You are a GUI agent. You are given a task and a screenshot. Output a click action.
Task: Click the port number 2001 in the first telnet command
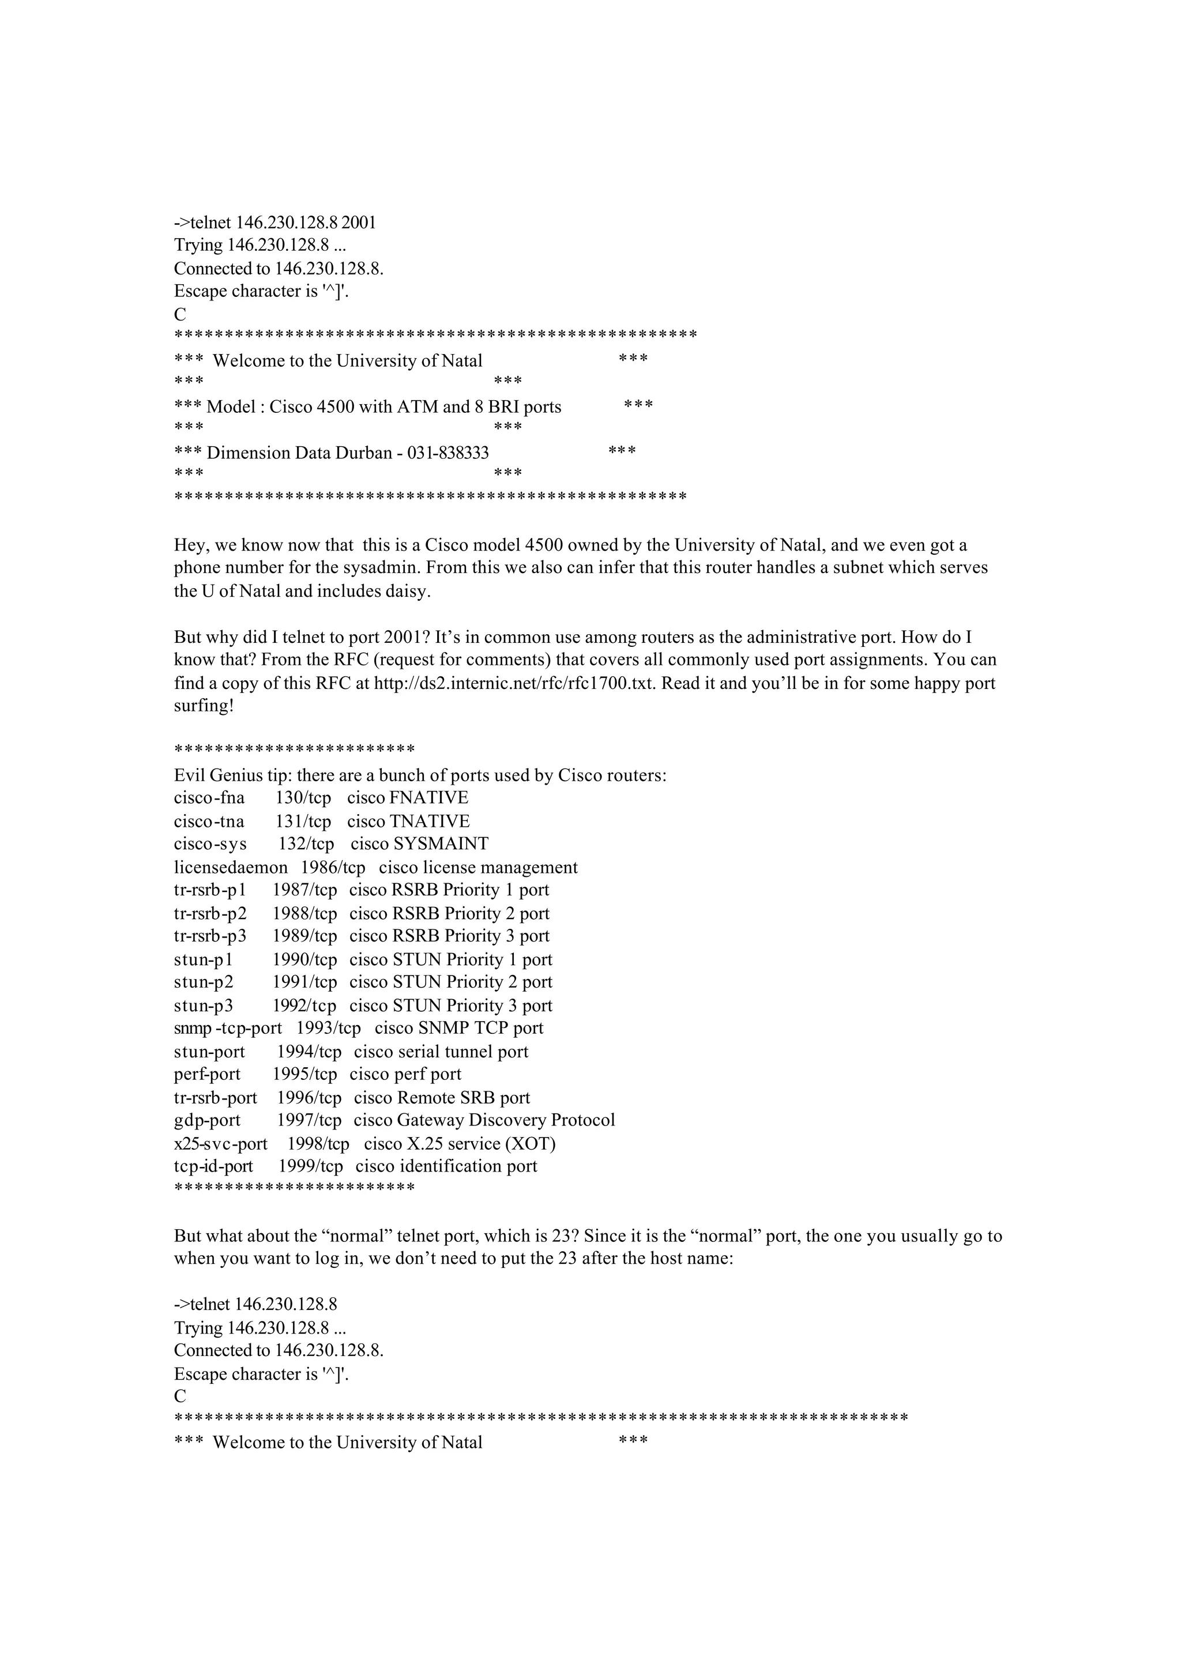pyautogui.click(x=359, y=223)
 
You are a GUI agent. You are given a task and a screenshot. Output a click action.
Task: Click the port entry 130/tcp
pyautogui.click(x=303, y=797)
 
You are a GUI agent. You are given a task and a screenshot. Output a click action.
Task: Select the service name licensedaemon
pyautogui.click(x=231, y=868)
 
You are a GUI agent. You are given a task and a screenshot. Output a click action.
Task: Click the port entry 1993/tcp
pyautogui.click(x=328, y=1028)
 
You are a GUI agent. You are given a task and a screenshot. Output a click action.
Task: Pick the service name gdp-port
pyautogui.click(x=207, y=1120)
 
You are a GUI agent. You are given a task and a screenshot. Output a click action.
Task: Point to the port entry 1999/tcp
pyautogui.click(x=310, y=1166)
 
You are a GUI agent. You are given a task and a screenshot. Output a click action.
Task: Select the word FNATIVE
pyautogui.click(x=429, y=797)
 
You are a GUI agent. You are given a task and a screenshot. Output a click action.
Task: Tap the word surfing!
pyautogui.click(x=204, y=706)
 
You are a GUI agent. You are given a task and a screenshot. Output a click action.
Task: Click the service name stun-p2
pyautogui.click(x=204, y=982)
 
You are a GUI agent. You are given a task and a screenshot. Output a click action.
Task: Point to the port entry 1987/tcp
pyautogui.click(x=304, y=890)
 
